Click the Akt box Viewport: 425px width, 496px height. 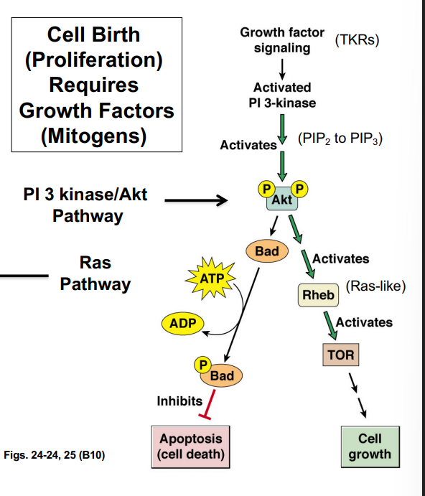pos(282,200)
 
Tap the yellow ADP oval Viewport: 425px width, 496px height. pos(182,324)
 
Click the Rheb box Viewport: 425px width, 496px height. pos(318,294)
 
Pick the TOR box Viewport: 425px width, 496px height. pos(340,354)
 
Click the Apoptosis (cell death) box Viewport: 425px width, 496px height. pos(191,446)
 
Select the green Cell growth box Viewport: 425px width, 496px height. pos(370,445)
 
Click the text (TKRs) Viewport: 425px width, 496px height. pos(357,39)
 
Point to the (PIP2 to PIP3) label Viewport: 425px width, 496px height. pos(340,139)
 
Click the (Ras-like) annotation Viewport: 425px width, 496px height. pos(375,286)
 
